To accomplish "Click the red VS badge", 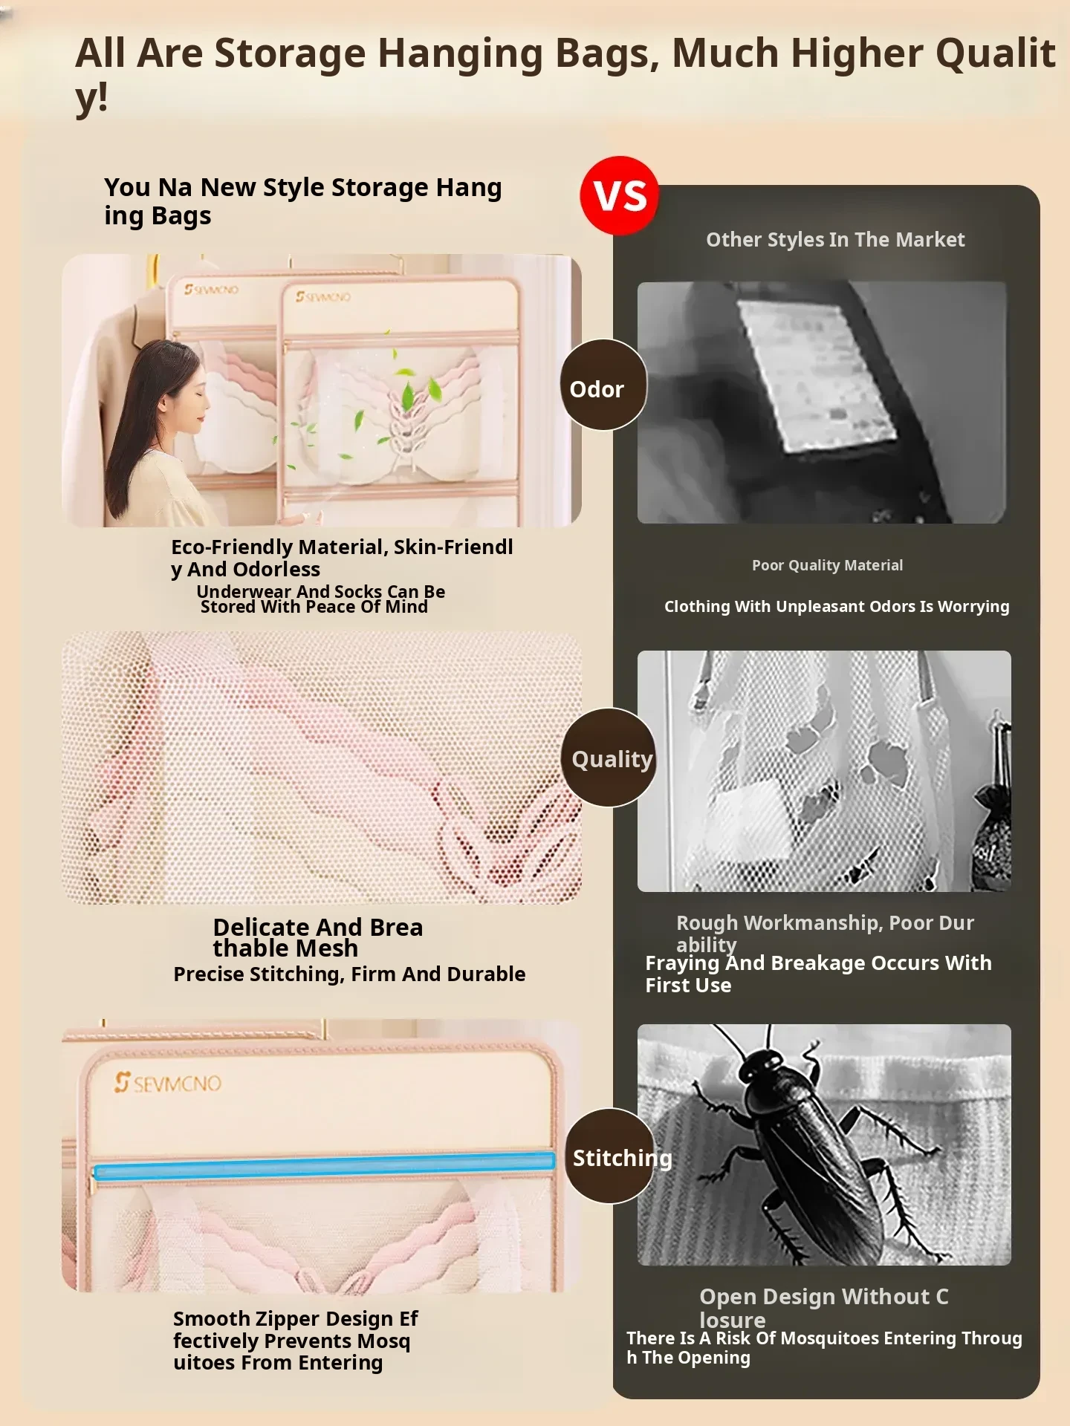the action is tap(619, 195).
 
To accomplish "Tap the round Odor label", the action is tap(603, 385).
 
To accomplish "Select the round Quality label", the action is tap(609, 758).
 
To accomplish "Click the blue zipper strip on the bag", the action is tap(324, 1166).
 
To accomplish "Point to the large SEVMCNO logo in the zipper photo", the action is tap(168, 1083).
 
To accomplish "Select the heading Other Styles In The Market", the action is tap(835, 239).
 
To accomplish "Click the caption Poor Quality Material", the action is tap(827, 565).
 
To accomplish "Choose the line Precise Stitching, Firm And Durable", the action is tap(349, 974).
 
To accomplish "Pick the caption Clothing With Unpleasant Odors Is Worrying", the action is tap(837, 606).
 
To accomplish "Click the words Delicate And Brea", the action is tap(318, 927).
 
